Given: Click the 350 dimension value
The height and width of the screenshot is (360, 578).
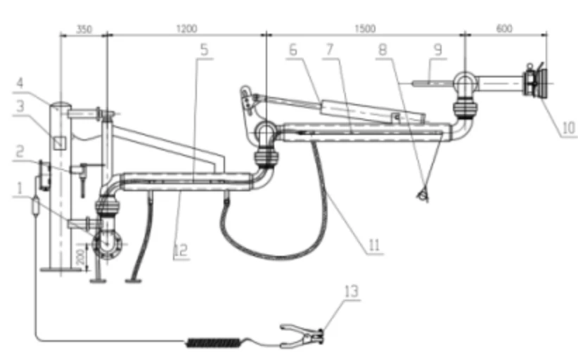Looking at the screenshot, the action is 84,29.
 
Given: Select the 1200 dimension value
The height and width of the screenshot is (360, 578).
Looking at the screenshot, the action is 187,29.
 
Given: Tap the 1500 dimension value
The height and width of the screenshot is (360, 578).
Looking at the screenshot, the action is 365,29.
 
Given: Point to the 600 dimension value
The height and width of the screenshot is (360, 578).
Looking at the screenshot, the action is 504,28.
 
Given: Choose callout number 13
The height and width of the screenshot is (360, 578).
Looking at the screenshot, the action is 352,292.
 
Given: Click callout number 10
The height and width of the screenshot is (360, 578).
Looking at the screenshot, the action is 568,128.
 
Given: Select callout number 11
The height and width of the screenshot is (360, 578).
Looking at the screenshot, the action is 374,245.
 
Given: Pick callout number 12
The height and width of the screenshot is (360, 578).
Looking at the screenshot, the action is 181,250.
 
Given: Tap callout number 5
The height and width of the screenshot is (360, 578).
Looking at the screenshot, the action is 204,50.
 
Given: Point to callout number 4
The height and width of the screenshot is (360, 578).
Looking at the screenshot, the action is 20,83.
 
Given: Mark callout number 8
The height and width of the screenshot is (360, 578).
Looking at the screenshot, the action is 383,49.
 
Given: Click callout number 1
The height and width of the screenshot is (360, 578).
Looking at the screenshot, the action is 20,188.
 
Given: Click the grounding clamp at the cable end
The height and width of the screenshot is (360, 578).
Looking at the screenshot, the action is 302,335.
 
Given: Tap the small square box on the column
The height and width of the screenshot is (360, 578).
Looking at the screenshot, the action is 59,143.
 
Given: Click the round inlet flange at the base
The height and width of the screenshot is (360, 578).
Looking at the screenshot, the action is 107,244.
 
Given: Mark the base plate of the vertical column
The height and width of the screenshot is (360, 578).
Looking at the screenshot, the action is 60,270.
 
